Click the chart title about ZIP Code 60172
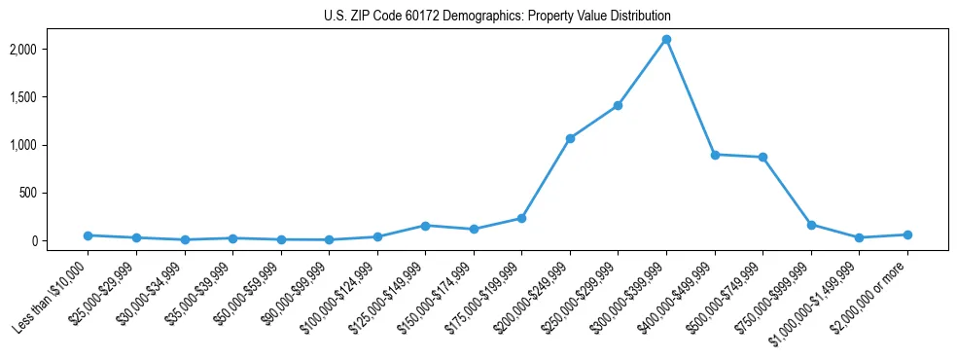tap(497, 17)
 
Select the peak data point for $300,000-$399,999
tap(666, 40)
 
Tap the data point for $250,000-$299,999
tap(618, 105)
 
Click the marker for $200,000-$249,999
tap(570, 138)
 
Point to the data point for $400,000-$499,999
tap(715, 155)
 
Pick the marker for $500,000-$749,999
tap(762, 157)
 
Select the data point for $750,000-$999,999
tap(811, 225)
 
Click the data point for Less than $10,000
tap(89, 235)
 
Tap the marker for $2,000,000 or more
tap(907, 234)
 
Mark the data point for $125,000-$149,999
tap(425, 226)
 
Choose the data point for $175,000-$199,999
tap(521, 218)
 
